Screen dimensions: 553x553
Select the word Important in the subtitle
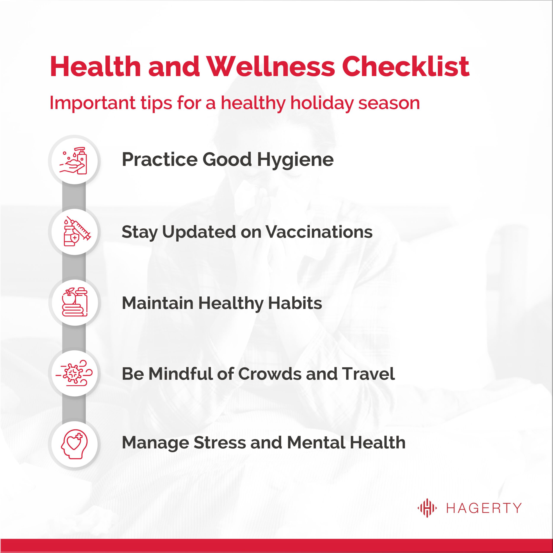(x=92, y=103)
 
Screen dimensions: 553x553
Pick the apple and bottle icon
(x=75, y=302)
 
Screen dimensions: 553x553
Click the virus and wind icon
(x=74, y=373)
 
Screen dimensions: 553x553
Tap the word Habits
(x=295, y=303)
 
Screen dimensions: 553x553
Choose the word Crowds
(x=270, y=374)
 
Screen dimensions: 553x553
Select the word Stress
(x=219, y=443)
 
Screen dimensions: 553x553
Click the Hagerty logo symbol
(x=427, y=508)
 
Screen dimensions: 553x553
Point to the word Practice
(x=160, y=159)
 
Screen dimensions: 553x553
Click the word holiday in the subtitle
(x=322, y=103)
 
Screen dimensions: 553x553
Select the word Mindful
(x=180, y=374)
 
